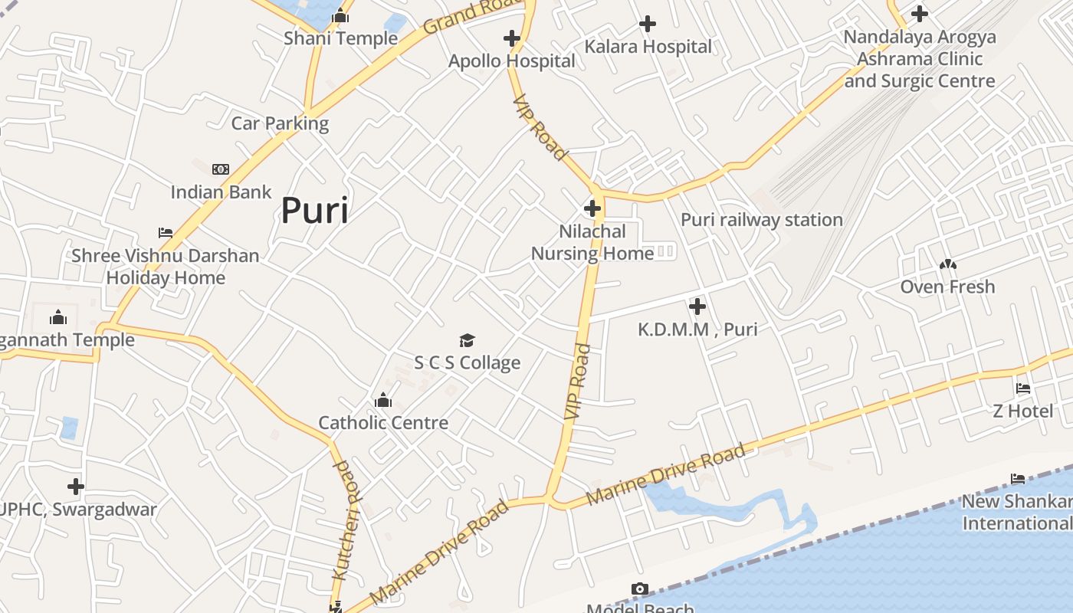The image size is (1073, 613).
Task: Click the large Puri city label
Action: point(314,210)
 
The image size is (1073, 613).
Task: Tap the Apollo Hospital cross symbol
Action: point(512,38)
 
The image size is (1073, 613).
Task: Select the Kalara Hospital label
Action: point(648,47)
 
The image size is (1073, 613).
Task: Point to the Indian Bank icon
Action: point(221,169)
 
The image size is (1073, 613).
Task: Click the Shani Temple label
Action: point(340,38)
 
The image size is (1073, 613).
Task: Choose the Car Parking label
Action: point(280,123)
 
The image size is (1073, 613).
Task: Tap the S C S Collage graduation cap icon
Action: point(467,340)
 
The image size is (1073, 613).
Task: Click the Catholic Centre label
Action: point(383,422)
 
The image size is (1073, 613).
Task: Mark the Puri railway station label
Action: point(762,220)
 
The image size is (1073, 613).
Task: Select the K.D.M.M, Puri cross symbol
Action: point(697,307)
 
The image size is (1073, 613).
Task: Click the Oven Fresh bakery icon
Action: point(948,264)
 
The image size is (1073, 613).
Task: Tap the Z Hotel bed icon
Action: point(1023,388)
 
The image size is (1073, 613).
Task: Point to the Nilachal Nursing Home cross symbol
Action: point(592,208)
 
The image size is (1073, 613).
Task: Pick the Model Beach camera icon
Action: point(640,589)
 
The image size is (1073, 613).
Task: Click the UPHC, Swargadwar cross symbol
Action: point(75,486)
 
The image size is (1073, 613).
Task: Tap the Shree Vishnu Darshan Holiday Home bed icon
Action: point(166,233)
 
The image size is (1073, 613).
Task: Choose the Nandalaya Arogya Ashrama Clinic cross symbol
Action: point(919,14)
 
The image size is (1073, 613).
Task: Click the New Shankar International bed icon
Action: point(1018,480)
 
